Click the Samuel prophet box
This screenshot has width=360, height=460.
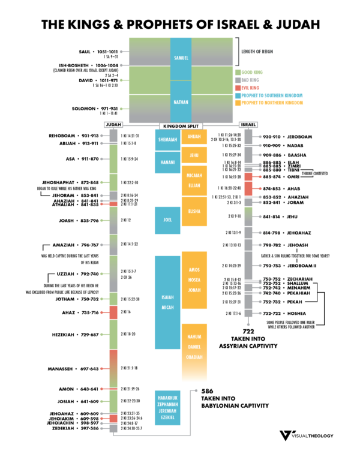pos(181,58)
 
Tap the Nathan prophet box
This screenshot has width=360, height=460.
pos(181,102)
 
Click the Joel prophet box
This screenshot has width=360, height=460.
pos(167,220)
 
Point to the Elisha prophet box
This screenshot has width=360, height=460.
pos(194,212)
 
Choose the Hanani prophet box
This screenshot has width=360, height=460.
pos(167,161)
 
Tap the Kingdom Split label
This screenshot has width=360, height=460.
pos(181,125)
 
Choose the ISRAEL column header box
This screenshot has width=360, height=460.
pos(248,125)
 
